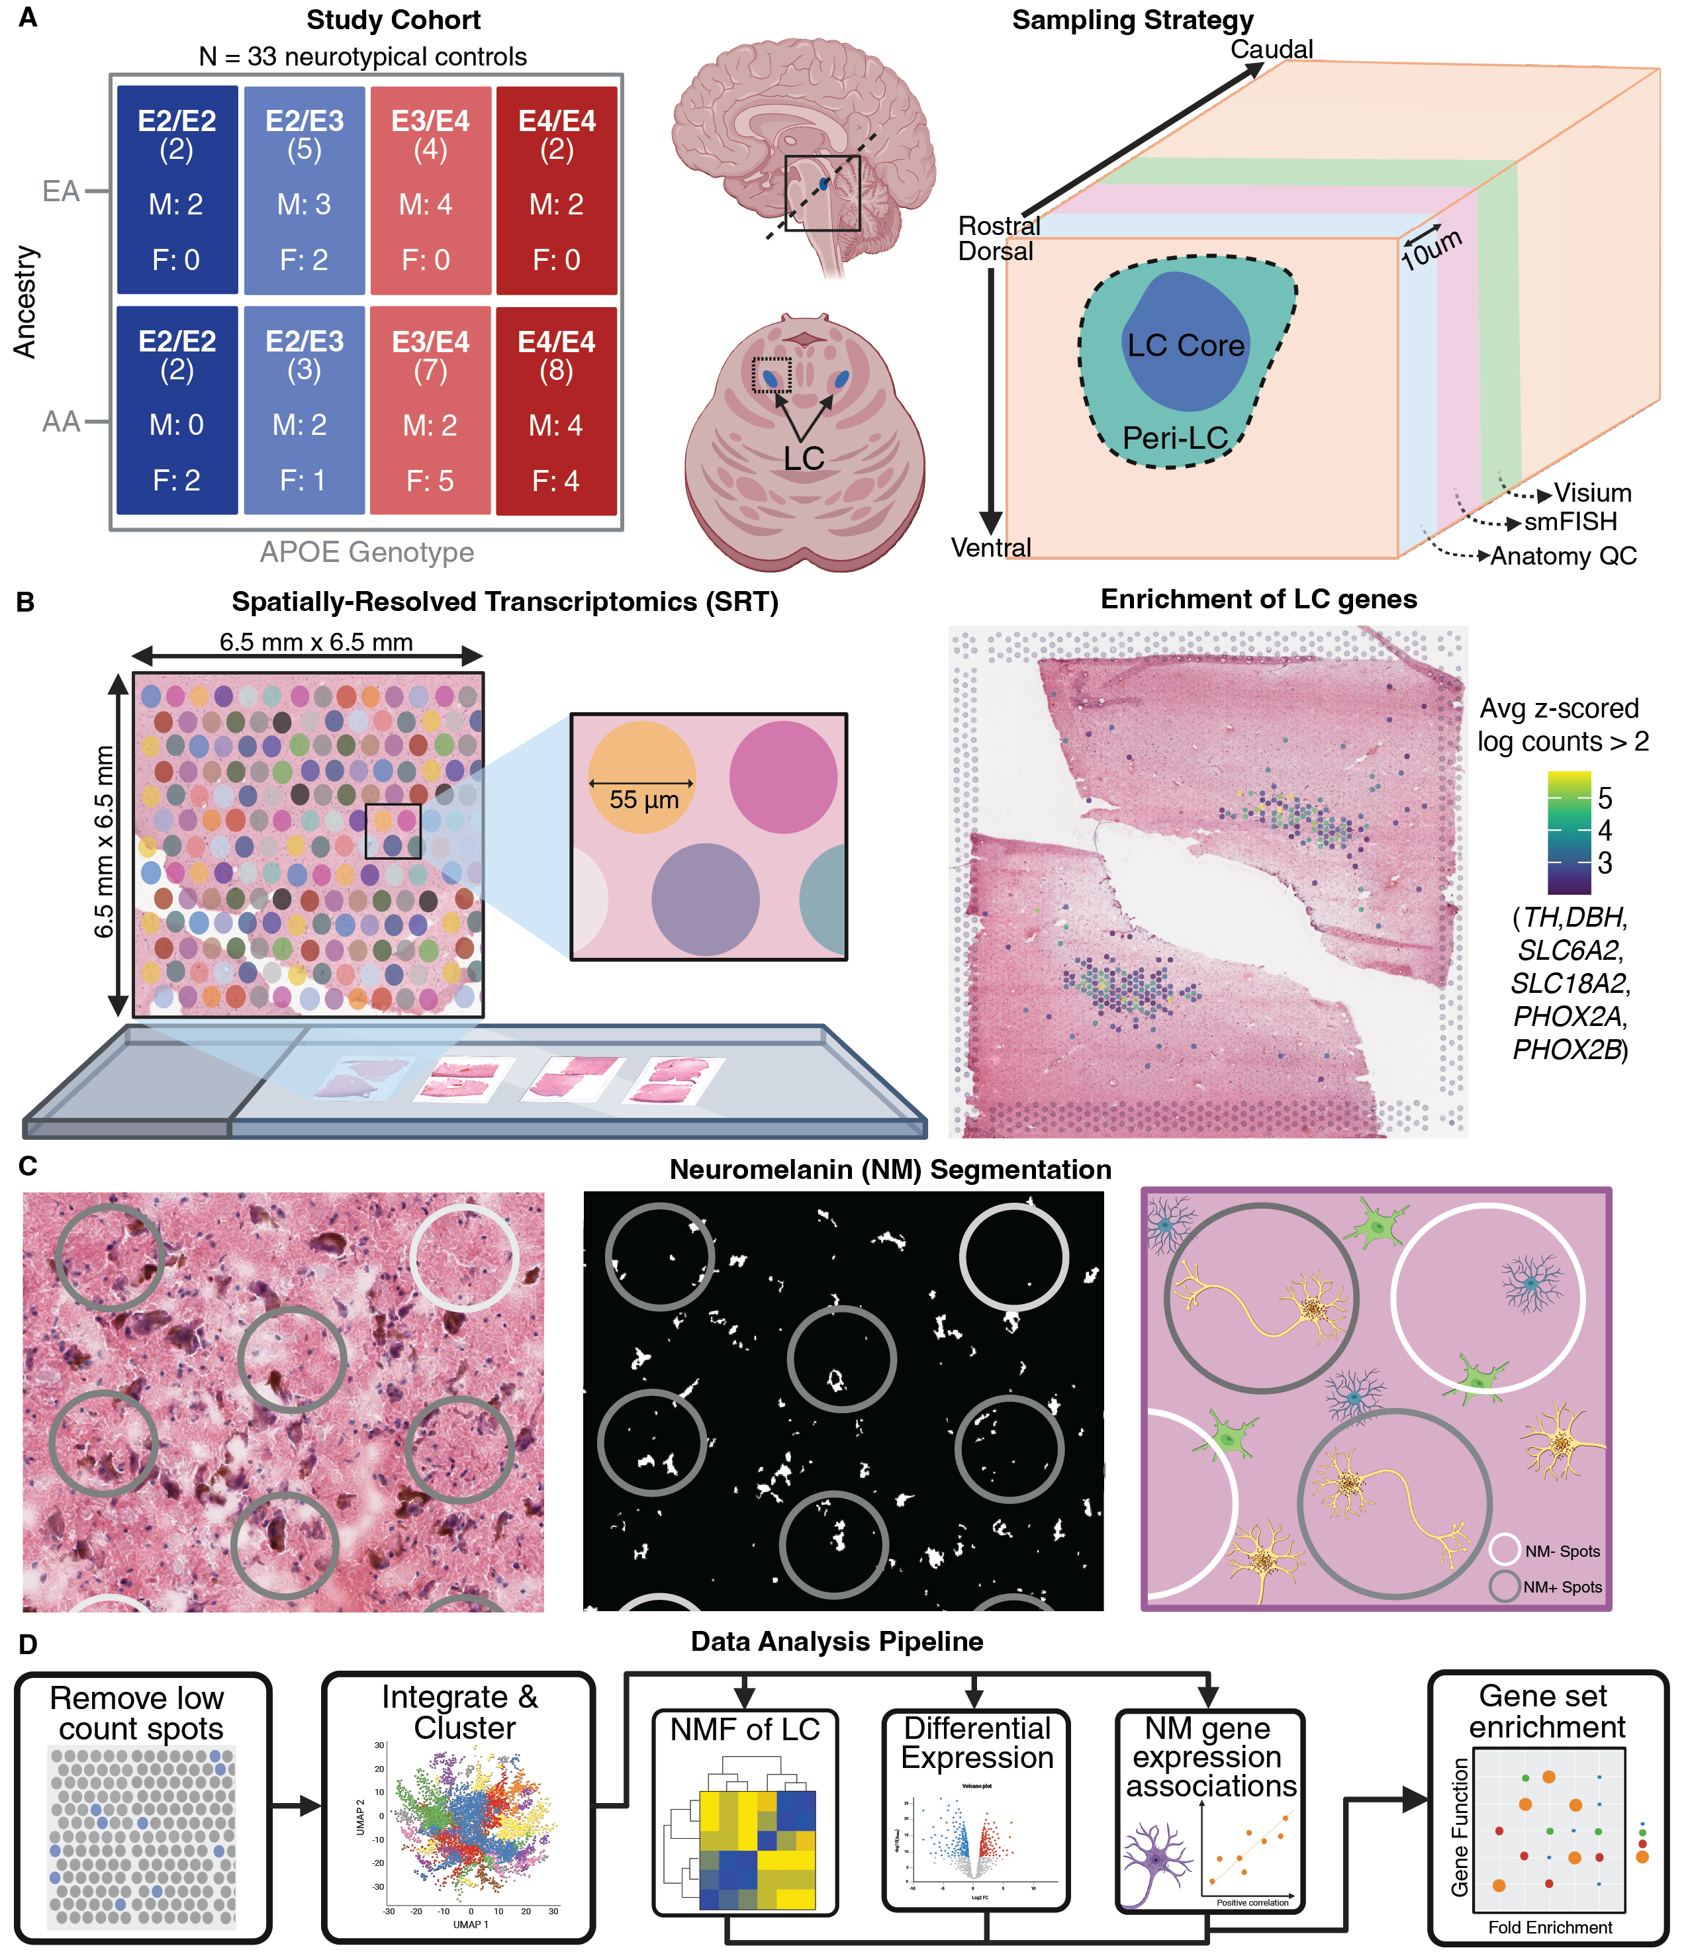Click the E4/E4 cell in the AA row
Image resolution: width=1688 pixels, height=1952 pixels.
pyautogui.click(x=557, y=411)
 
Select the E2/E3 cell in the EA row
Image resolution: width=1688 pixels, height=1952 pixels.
pyautogui.click(x=305, y=190)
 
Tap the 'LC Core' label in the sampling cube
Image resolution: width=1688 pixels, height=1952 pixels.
pyautogui.click(x=1186, y=346)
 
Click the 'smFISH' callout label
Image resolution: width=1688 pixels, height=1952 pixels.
pyautogui.click(x=1570, y=522)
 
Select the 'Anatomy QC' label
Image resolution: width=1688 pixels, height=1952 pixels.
pyautogui.click(x=1564, y=556)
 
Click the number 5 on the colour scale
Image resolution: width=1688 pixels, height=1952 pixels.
pyautogui.click(x=1605, y=799)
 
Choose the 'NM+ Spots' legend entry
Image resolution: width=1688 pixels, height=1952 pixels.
pyautogui.click(x=1562, y=1587)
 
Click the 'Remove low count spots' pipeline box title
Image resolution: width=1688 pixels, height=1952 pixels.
pyautogui.click(x=138, y=1712)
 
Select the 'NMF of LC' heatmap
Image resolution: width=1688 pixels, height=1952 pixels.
pyautogui.click(x=757, y=1850)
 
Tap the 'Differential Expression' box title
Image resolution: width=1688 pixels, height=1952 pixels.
pyautogui.click(x=977, y=1743)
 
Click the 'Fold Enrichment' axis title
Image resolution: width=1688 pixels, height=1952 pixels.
pyautogui.click(x=1550, y=1928)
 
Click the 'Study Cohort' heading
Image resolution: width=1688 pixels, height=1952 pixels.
pyautogui.click(x=394, y=20)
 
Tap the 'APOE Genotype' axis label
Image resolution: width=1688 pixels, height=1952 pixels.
pyautogui.click(x=367, y=552)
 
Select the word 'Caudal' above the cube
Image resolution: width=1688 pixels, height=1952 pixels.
pyautogui.click(x=1272, y=49)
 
